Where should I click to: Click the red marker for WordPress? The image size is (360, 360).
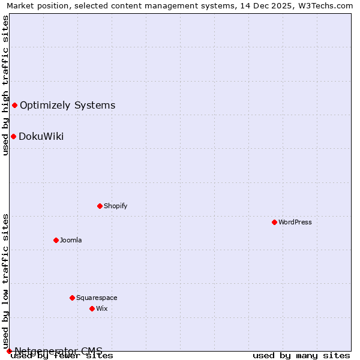coord(274,222)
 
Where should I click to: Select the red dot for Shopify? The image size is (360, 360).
coord(100,206)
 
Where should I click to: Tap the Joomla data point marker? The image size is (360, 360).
coord(56,240)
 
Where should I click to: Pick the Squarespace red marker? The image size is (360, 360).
coord(72,298)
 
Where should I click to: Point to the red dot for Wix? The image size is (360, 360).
coord(92,308)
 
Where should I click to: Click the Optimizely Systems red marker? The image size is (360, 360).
coord(14,106)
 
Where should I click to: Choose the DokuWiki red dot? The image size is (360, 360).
coord(13,136)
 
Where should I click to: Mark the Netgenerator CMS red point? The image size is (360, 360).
coord(9,351)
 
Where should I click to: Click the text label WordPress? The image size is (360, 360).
coord(295,222)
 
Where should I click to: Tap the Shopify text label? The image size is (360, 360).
coord(115,206)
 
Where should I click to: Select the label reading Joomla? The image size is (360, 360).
coord(71,240)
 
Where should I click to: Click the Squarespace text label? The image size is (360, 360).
coord(97,298)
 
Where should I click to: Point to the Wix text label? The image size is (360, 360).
coord(102,308)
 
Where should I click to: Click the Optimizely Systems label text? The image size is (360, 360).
coord(67,106)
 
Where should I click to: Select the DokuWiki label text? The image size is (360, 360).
coord(41,136)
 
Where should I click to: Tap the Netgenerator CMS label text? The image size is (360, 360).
coord(58,351)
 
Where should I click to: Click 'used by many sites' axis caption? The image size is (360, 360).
coord(301,355)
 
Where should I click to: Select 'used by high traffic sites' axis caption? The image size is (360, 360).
coord(5,85)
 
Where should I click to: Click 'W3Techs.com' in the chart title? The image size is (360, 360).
coord(328,5)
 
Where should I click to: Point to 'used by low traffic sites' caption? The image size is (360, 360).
coord(5,281)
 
